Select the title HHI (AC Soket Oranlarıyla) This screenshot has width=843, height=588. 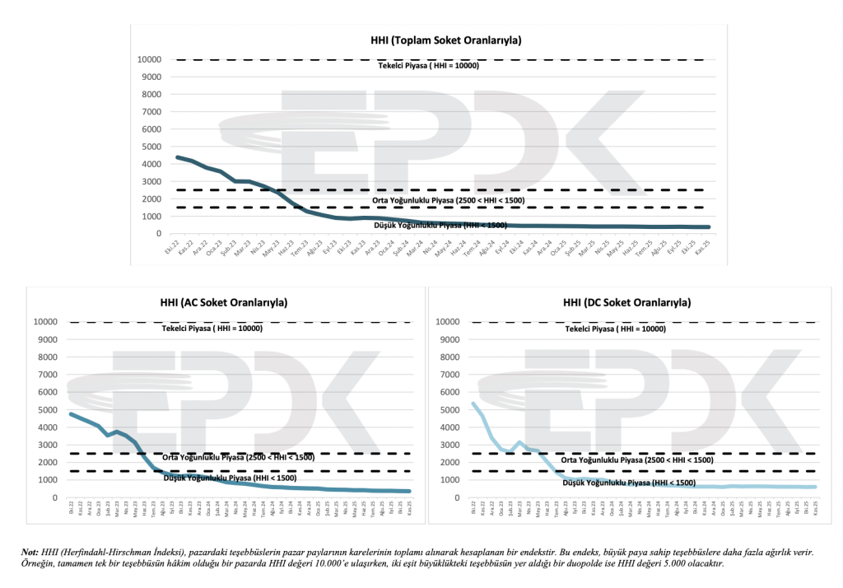coord(217,302)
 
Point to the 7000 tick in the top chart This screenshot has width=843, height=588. coord(150,112)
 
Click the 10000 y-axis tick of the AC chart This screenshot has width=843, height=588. coord(44,322)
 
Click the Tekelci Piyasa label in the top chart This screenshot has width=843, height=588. coord(428,66)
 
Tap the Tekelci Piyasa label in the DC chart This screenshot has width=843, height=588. coord(615,329)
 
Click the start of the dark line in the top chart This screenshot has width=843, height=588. coord(178,157)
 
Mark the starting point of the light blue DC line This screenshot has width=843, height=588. coord(473,403)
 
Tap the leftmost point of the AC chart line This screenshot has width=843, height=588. coord(70,413)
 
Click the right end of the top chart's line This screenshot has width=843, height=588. coord(708,227)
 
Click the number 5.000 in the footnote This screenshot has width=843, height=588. coord(668,564)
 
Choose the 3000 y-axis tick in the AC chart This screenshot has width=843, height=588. coord(49,445)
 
